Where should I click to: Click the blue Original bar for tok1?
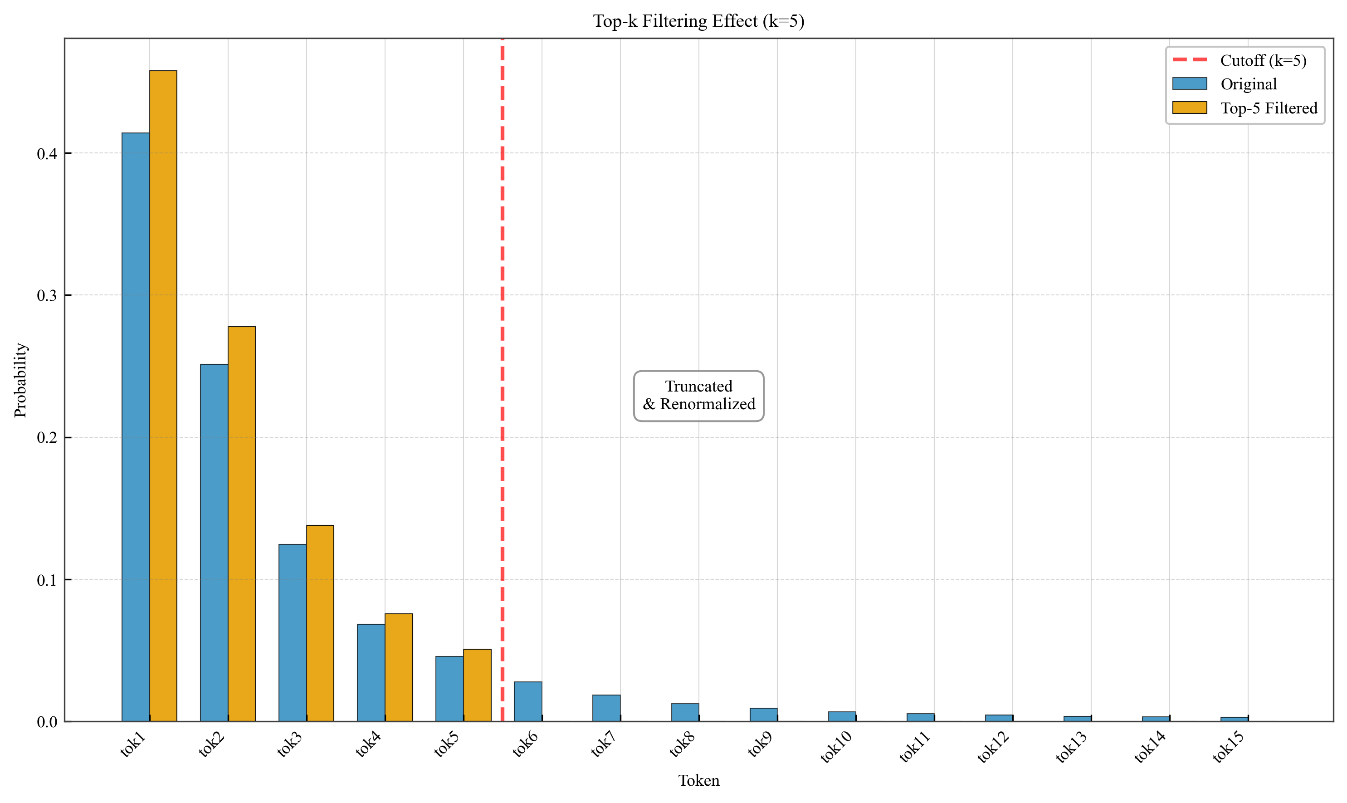point(135,427)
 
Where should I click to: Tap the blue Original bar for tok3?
point(292,632)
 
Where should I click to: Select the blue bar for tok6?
point(527,702)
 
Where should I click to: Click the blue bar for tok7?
point(606,708)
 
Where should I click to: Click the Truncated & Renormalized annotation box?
point(698,396)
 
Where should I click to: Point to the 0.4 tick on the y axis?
point(47,154)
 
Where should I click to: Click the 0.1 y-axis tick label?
point(47,580)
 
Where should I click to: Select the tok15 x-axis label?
point(1228,747)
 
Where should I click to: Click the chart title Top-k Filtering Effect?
point(698,21)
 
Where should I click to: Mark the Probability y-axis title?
point(20,380)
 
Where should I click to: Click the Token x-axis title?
point(698,780)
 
